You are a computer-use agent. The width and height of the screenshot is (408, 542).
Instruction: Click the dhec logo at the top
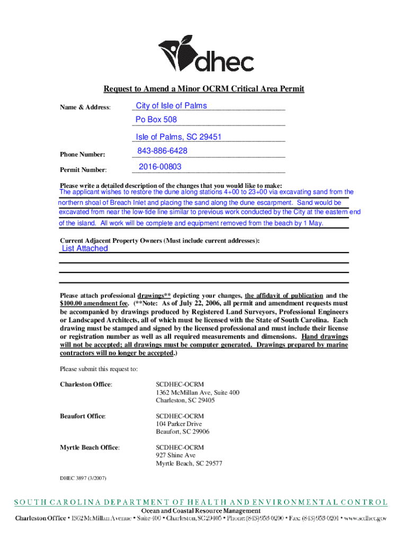pos(207,55)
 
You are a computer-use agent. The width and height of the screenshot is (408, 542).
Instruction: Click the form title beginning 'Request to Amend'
pos(204,88)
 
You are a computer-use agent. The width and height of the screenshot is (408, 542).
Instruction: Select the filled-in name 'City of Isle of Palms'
pos(171,105)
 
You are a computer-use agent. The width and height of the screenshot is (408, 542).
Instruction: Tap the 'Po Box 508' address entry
pos(156,120)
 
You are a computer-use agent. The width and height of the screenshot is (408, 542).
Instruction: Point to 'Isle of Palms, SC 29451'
pos(179,137)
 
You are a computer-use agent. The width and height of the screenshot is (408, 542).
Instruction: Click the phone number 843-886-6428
pos(162,151)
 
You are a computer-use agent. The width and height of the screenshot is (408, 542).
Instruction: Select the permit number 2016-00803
pos(160,167)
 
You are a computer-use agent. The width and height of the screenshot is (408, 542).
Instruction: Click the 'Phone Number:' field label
pos(82,155)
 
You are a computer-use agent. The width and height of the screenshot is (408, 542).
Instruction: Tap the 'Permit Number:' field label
pos(83,170)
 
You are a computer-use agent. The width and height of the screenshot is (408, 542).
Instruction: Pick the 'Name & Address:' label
pos(85,107)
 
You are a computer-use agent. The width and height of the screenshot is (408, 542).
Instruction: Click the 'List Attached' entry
pos(85,248)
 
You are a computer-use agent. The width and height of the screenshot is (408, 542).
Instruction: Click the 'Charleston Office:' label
pos(86,384)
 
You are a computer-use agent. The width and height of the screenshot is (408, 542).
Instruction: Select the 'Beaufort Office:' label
pos(83,417)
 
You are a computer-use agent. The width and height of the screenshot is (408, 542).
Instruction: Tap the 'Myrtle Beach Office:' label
pos(90,447)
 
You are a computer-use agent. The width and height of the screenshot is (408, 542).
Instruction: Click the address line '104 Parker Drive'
pos(179,424)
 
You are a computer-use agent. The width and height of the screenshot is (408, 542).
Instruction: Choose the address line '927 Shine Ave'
pos(175,455)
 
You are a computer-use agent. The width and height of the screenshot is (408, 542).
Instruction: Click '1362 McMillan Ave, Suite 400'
pos(197,392)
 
